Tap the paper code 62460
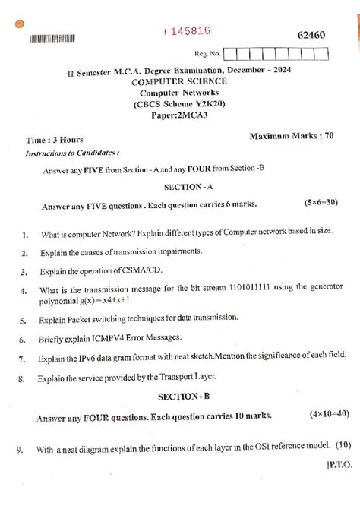click(x=310, y=36)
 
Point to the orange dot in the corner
click(x=8, y=23)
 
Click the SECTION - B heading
click(x=180, y=397)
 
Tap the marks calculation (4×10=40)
click(x=329, y=415)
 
